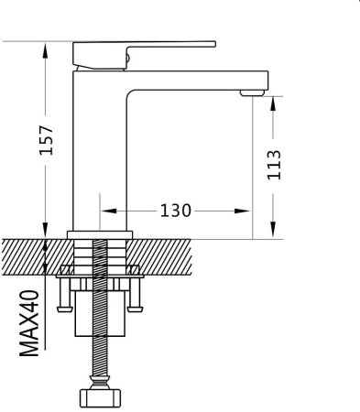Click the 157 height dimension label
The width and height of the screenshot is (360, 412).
click(47, 140)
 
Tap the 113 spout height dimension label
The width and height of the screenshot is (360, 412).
click(274, 165)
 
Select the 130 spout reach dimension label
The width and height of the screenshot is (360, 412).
click(176, 211)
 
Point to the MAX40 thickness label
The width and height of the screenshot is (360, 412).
click(29, 323)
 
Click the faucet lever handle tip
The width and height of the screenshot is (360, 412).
click(214, 44)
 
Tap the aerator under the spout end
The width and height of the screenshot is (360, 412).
click(252, 92)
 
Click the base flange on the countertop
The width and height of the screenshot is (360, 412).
click(100, 234)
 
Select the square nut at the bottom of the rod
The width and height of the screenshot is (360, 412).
click(100, 398)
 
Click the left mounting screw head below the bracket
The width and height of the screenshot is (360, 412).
click(65, 309)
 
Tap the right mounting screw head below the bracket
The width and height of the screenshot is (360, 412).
click(136, 309)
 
